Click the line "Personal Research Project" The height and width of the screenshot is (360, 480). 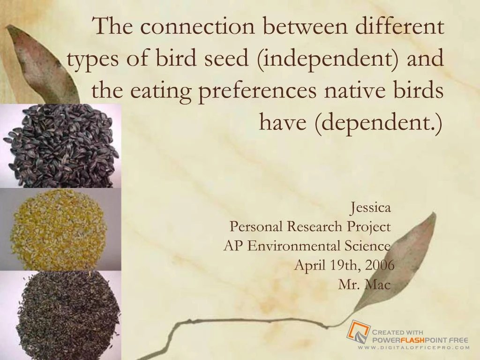310,227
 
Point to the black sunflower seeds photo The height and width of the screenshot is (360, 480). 60,145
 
